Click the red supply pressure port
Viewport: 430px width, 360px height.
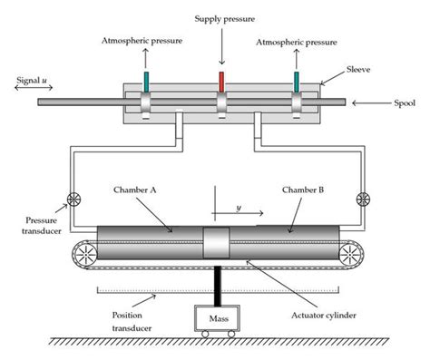[x=220, y=79]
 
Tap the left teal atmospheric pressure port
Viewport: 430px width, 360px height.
[x=145, y=79]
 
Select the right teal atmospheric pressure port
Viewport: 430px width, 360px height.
[x=296, y=79]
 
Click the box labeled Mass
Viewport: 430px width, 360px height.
[x=218, y=318]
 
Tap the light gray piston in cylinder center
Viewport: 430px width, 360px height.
[x=219, y=244]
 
